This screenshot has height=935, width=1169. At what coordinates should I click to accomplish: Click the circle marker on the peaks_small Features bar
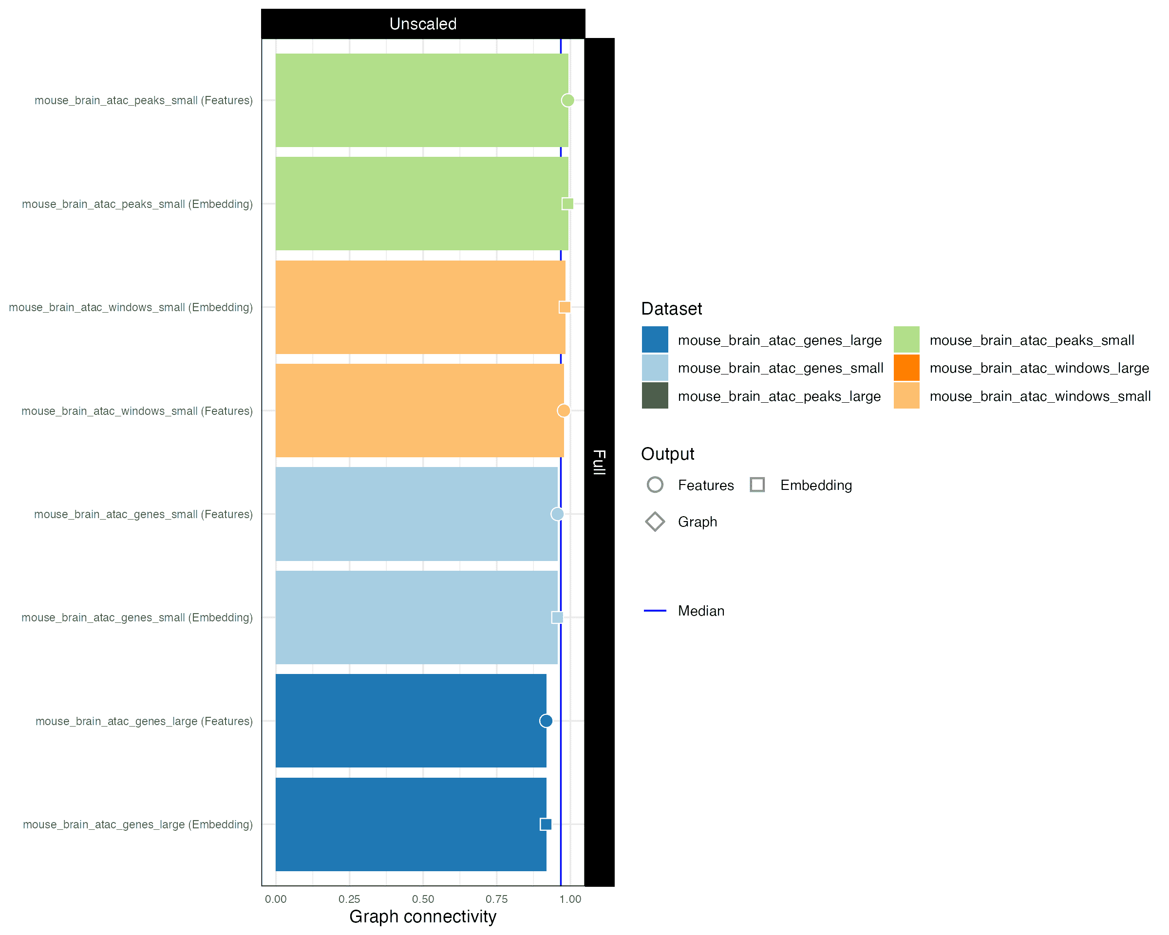pyautogui.click(x=567, y=100)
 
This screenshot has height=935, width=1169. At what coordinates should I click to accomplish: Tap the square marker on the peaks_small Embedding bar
pyautogui.click(x=567, y=204)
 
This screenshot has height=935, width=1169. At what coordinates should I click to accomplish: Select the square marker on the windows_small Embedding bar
pyautogui.click(x=565, y=307)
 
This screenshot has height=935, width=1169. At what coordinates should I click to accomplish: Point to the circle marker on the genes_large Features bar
pyautogui.click(x=546, y=721)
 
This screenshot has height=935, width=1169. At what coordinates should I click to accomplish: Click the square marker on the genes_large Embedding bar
pyautogui.click(x=546, y=824)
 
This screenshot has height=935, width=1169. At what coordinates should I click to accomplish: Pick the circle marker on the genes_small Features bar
pyautogui.click(x=557, y=514)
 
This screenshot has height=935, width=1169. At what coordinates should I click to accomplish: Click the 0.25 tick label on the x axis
pyautogui.click(x=349, y=899)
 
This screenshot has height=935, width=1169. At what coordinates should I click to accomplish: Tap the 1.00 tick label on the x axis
pyautogui.click(x=570, y=899)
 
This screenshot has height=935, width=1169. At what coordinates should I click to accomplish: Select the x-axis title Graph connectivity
pyautogui.click(x=423, y=916)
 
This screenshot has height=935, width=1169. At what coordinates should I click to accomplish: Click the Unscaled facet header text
pyautogui.click(x=423, y=24)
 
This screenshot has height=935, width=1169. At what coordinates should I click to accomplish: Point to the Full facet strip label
pyautogui.click(x=599, y=462)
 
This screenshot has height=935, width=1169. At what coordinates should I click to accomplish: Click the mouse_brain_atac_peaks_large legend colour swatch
pyautogui.click(x=655, y=396)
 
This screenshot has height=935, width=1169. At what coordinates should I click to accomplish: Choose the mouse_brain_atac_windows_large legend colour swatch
pyautogui.click(x=906, y=368)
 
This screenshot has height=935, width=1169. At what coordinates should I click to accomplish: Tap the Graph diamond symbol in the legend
pyautogui.click(x=655, y=522)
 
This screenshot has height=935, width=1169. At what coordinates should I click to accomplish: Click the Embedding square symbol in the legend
pyautogui.click(x=757, y=485)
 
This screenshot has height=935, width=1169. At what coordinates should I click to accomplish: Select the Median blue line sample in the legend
pyautogui.click(x=655, y=611)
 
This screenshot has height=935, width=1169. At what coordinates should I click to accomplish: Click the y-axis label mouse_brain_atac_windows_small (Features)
pyautogui.click(x=137, y=411)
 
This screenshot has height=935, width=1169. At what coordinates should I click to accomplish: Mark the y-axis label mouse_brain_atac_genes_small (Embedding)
pyautogui.click(x=137, y=617)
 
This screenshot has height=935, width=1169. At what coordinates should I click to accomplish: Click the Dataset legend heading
pyautogui.click(x=671, y=308)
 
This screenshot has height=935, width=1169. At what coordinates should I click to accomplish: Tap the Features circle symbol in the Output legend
pyautogui.click(x=655, y=485)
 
